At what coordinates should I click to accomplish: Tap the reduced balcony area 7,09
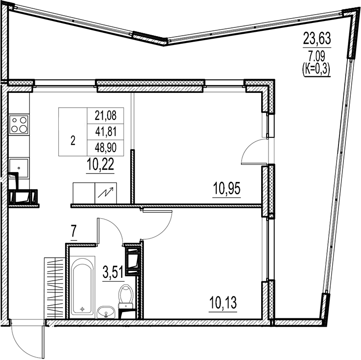click(x=316, y=57)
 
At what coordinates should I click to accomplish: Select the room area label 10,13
click(x=223, y=303)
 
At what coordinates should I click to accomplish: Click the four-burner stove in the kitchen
click(x=19, y=124)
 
